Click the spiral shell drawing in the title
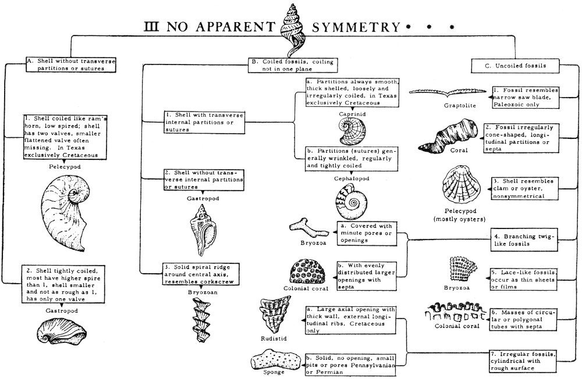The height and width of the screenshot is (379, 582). click(x=294, y=30)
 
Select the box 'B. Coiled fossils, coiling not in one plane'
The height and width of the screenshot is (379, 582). click(x=293, y=65)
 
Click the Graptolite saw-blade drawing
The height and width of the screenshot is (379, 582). click(x=448, y=92)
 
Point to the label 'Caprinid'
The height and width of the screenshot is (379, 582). click(x=352, y=114)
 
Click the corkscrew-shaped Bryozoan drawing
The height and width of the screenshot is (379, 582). click(x=201, y=319)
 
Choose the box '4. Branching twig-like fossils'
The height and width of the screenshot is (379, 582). click(x=524, y=240)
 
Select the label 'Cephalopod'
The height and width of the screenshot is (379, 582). click(x=352, y=178)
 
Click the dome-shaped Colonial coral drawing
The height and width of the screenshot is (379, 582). click(x=307, y=271)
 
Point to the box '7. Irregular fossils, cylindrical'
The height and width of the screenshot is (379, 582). click(x=523, y=361)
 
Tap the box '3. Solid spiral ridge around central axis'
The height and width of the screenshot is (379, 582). click(x=201, y=274)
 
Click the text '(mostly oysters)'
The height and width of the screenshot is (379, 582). click(x=460, y=219)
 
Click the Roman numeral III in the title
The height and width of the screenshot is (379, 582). click(x=151, y=27)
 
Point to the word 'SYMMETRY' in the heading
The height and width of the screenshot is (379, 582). click(x=356, y=27)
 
